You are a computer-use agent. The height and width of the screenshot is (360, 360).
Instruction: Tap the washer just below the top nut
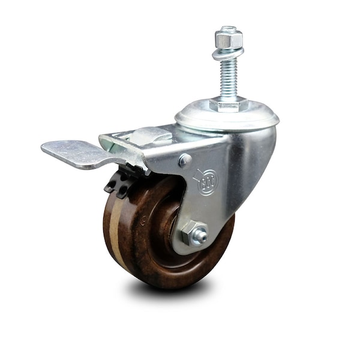pyautogui.click(x=229, y=52)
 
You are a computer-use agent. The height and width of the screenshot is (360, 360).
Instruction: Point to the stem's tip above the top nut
pyautogui.click(x=229, y=28)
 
